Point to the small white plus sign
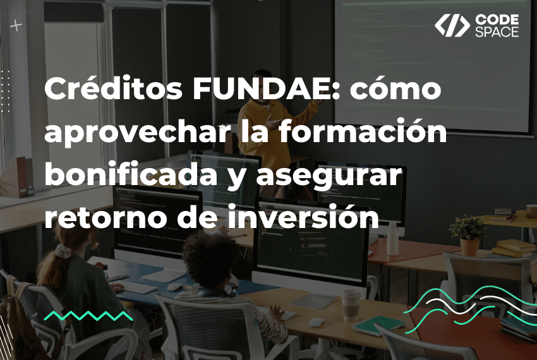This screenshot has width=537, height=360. tap(16, 26)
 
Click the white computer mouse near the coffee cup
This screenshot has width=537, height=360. tap(316, 322)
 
